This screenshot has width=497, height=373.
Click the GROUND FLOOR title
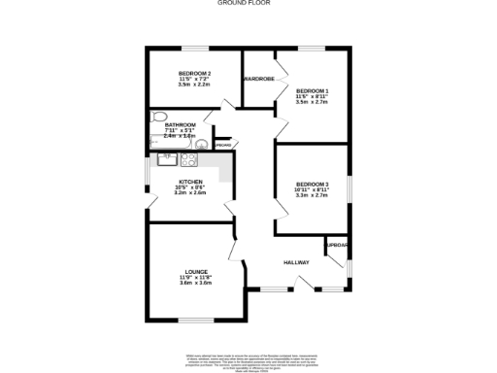[x=248, y=3]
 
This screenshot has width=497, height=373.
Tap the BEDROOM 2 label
[x=194, y=74]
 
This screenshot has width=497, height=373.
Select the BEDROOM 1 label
[x=313, y=91]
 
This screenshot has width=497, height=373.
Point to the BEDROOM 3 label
[x=313, y=184]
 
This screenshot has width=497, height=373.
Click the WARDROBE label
[x=259, y=79]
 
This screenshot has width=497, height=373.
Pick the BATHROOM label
[x=180, y=125]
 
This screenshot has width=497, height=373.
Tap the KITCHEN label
[x=190, y=182]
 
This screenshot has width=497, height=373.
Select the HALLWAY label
[x=296, y=263]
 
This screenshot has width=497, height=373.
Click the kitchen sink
[x=165, y=159]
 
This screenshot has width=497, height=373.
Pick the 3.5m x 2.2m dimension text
[x=194, y=85]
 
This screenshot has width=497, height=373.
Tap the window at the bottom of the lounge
[x=194, y=320]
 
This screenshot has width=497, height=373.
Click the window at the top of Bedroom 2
[x=194, y=49]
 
